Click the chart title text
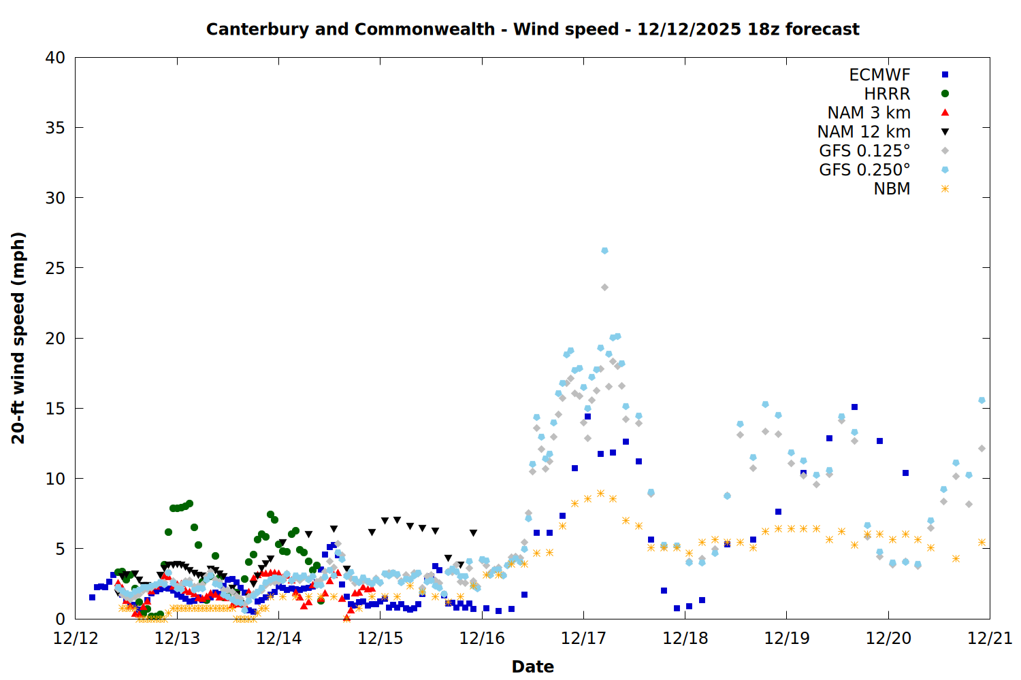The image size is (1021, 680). pyautogui.click(x=532, y=29)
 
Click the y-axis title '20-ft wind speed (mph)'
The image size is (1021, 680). pyautogui.click(x=18, y=338)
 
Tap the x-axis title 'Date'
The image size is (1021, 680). pyautogui.click(x=532, y=666)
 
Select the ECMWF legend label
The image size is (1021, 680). pyautogui.click(x=879, y=75)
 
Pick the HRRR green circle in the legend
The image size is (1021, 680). pyautogui.click(x=945, y=94)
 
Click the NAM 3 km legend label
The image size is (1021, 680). pyautogui.click(x=869, y=113)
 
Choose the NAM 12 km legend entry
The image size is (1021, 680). pyautogui.click(x=864, y=132)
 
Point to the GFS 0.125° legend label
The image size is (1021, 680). pyautogui.click(x=864, y=151)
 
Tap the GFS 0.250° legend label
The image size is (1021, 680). pyautogui.click(x=864, y=170)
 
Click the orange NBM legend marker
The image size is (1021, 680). pyautogui.click(x=945, y=189)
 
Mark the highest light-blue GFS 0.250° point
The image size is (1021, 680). pyautogui.click(x=604, y=251)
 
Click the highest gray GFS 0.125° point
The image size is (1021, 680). pyautogui.click(x=604, y=288)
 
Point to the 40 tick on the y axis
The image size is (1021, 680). pyautogui.click(x=55, y=58)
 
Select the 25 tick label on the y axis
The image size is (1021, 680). pyautogui.click(x=55, y=268)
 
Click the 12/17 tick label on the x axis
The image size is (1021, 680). pyautogui.click(x=583, y=639)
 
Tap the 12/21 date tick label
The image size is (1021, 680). pyautogui.click(x=990, y=639)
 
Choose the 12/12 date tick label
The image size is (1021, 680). pyautogui.click(x=76, y=639)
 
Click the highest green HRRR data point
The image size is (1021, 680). pyautogui.click(x=189, y=504)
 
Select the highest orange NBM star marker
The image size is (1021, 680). pyautogui.click(x=600, y=493)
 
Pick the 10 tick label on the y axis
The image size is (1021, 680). pyautogui.click(x=55, y=479)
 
